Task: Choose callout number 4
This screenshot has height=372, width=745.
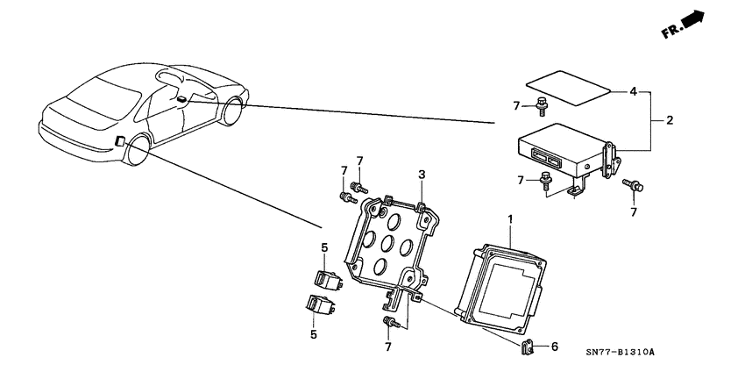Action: (x=634, y=91)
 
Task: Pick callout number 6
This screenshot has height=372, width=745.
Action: (x=553, y=347)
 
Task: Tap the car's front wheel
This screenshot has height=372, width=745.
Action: (x=233, y=113)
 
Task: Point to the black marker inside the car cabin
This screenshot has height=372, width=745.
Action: (x=180, y=99)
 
